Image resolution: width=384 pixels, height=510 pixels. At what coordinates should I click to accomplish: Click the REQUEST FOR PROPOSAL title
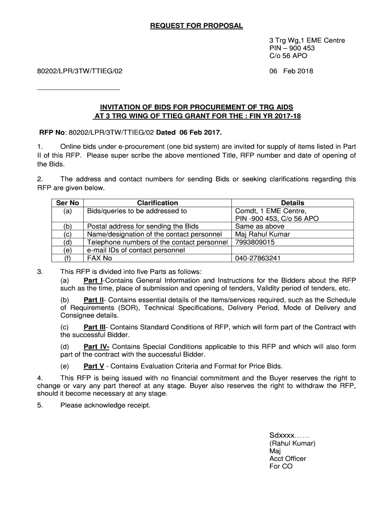tap(196, 26)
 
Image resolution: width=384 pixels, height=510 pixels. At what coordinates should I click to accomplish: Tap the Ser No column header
tap(68, 203)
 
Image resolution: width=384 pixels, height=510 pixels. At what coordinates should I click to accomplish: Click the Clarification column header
tap(158, 203)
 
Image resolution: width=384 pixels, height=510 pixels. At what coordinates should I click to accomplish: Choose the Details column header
tap(293, 203)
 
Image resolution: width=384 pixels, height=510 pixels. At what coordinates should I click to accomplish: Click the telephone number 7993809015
tap(255, 242)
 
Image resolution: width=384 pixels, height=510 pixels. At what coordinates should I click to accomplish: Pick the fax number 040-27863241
tap(258, 258)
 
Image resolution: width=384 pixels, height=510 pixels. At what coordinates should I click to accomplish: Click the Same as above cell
tap(260, 226)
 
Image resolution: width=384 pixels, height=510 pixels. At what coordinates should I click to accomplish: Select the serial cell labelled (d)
tap(68, 242)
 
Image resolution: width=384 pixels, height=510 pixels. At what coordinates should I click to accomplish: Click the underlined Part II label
tap(94, 300)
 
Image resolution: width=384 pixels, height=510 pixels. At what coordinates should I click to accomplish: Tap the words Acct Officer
tap(288, 459)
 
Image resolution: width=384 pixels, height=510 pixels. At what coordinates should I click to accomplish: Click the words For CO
tap(281, 467)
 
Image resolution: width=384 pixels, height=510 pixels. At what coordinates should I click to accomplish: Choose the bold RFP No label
tap(53, 133)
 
